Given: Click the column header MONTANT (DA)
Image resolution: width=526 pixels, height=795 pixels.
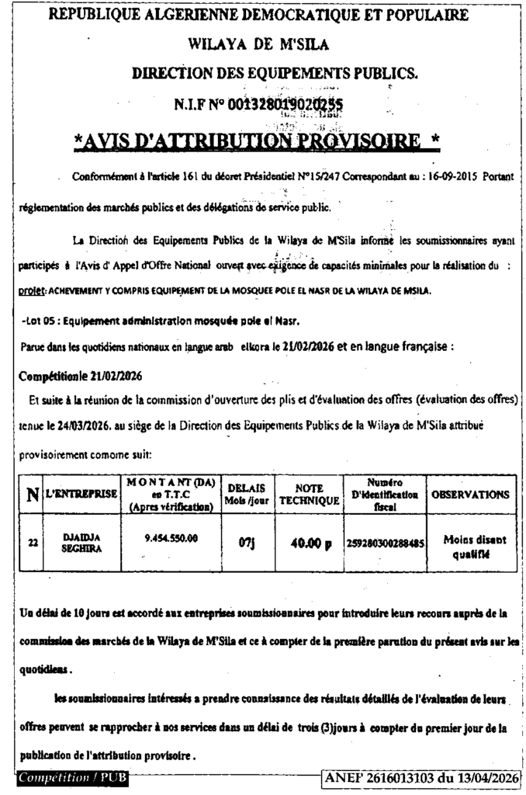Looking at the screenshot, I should pyautogui.click(x=169, y=494).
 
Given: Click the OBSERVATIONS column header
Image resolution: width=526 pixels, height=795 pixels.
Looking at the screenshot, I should pyautogui.click(x=470, y=494).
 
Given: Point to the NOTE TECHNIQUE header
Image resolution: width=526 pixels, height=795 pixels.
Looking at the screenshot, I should pyautogui.click(x=309, y=495).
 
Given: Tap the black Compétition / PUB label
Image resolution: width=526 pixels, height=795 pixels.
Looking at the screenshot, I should pyautogui.click(x=71, y=777).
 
